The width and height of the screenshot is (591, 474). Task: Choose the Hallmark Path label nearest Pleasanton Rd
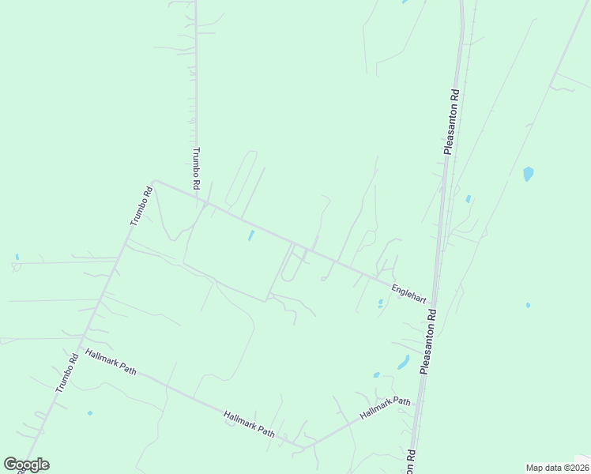click(x=386, y=408)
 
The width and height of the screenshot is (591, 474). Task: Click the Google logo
click(x=26, y=465)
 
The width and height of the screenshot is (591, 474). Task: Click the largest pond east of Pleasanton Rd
click(x=528, y=174)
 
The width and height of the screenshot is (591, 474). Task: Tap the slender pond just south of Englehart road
click(x=251, y=235)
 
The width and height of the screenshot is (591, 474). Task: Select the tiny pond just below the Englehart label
click(x=381, y=303)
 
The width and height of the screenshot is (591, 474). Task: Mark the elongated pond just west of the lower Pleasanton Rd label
click(x=403, y=363)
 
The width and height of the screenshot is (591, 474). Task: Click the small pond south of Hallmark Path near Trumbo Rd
click(x=90, y=413)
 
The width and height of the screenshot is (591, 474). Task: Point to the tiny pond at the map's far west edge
click(x=17, y=258)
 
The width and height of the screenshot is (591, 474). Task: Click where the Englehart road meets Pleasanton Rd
click(x=434, y=302)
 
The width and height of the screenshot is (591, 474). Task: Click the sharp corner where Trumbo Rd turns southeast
click(x=154, y=180)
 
